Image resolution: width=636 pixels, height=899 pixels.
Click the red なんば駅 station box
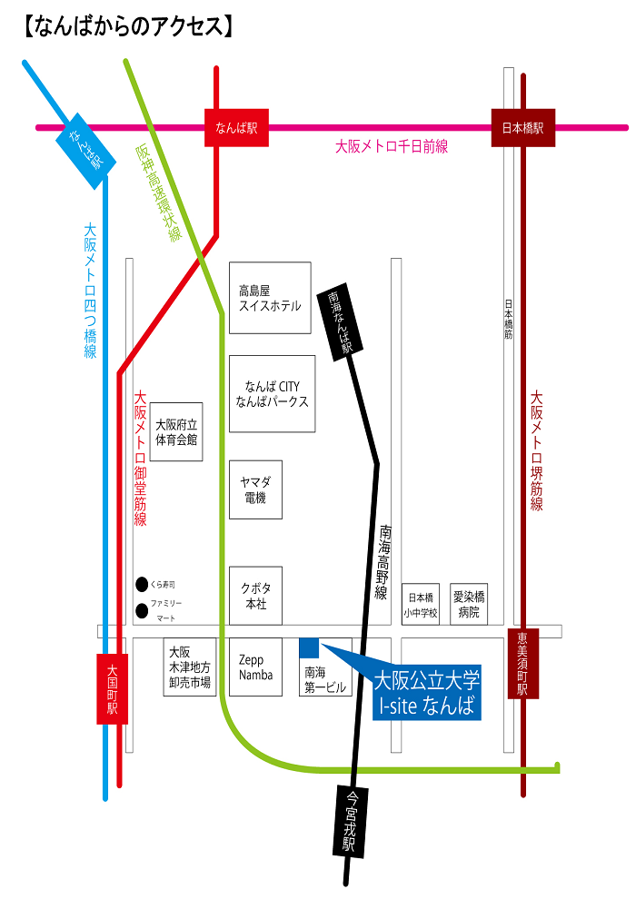coord(236,128)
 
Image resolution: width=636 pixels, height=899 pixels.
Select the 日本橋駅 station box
coord(522,128)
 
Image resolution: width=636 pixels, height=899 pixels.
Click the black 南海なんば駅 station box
coord(340,322)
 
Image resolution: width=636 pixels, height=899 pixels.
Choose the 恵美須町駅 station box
coord(522,664)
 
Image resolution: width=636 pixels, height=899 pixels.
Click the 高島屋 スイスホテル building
coord(270,298)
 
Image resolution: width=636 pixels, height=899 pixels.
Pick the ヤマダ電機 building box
coord(255,489)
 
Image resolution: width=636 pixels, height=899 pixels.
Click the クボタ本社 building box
coord(255,596)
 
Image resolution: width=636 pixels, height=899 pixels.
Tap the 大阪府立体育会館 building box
coord(176,432)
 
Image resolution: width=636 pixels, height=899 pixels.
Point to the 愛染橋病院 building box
coord(469,605)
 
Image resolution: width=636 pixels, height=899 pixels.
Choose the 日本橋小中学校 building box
coord(421,605)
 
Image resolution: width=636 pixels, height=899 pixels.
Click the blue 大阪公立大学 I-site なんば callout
coord(426,693)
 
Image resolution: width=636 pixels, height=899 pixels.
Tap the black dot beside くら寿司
coord(142,584)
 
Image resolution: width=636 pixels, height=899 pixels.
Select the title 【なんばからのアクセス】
coord(127,25)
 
